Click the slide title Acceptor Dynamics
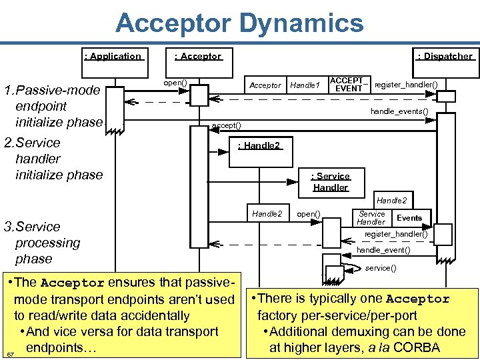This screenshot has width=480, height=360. tap(239, 23)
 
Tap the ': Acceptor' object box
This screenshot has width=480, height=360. tap(198, 57)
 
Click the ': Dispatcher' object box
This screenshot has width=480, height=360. tap(444, 57)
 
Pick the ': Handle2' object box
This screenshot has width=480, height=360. tap(259, 146)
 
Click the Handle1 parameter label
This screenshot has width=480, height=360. tap(305, 85)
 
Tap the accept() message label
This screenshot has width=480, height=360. tap(226, 125)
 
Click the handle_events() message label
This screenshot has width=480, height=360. tap(399, 111)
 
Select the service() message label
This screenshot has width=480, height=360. tap(381, 268)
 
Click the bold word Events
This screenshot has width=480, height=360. tap(409, 218)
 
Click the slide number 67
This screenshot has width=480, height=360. tap(10, 353)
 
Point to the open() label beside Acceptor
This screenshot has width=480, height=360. tap(175, 83)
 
